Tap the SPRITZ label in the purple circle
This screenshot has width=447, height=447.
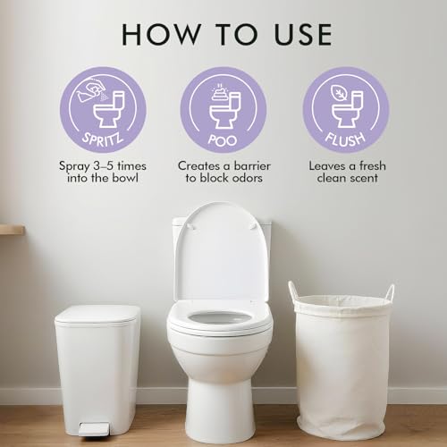point(103,139)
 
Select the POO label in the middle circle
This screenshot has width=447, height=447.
point(223,139)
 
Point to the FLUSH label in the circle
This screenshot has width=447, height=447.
point(345,139)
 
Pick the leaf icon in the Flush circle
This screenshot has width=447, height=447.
point(339,93)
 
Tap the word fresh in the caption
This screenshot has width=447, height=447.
point(372,165)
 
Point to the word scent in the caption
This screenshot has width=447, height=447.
point(363,178)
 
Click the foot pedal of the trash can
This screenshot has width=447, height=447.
point(94,429)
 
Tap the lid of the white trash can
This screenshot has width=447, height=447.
point(97,315)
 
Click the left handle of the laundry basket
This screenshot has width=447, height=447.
point(292,291)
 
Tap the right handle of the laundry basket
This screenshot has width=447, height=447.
point(391,292)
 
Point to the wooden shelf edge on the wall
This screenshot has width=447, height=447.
point(12,230)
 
